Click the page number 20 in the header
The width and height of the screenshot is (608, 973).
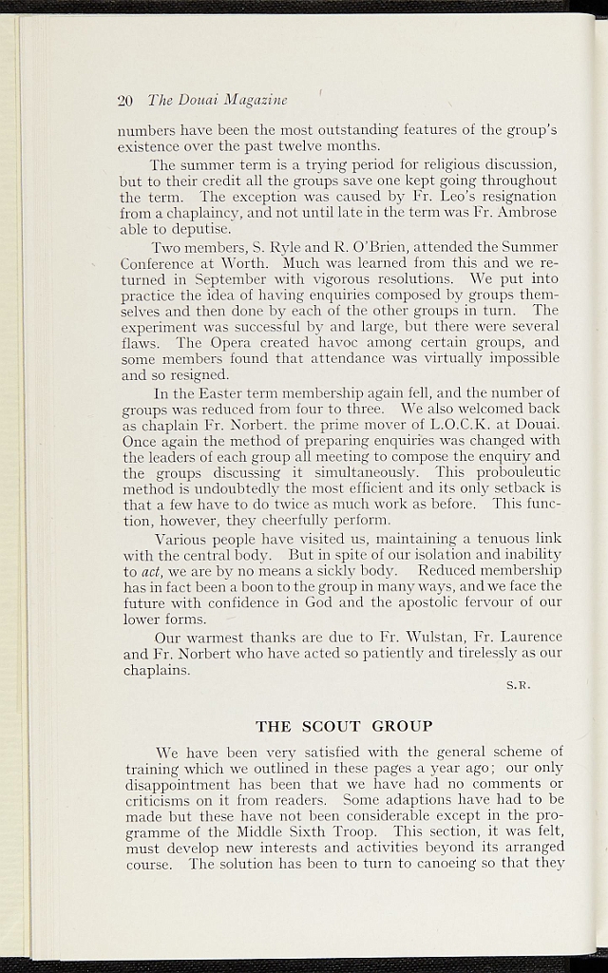pos(123,100)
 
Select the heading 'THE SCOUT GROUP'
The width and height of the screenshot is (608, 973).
pos(344,726)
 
